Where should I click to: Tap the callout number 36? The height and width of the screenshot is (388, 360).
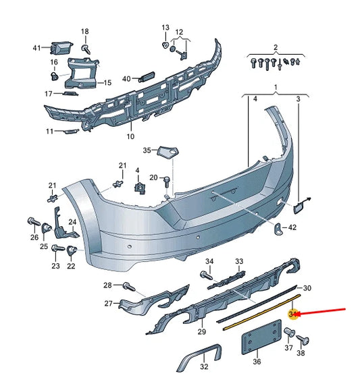click(256, 362)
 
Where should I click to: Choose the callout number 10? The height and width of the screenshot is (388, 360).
click(130, 136)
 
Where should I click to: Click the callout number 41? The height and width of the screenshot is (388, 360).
click(36, 47)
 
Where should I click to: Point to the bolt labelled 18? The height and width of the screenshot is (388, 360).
click(85, 49)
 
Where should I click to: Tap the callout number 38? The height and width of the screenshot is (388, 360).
click(301, 353)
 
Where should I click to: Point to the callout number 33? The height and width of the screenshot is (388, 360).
click(239, 261)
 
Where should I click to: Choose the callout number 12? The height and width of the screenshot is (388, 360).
click(179, 32)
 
